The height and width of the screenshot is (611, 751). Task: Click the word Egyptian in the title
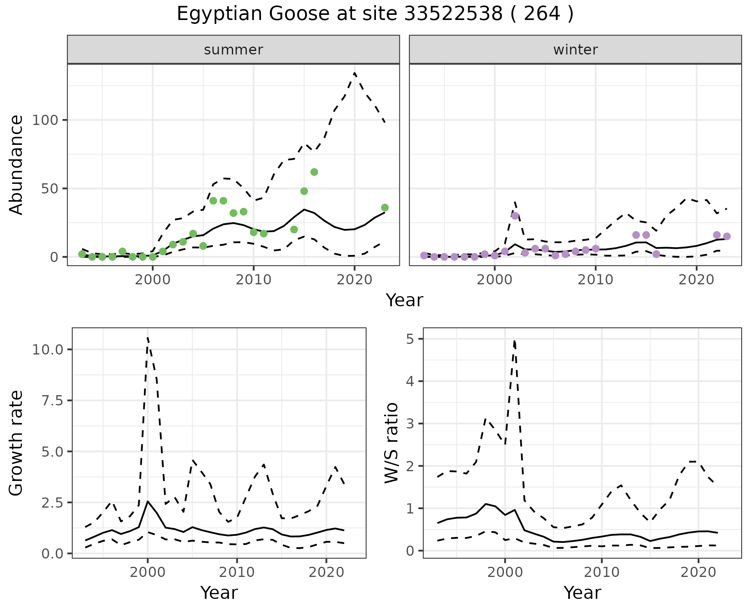click(220, 14)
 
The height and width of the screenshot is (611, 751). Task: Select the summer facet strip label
click(234, 50)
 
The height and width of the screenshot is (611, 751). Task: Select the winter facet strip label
click(575, 50)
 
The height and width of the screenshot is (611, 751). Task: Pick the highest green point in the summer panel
click(314, 172)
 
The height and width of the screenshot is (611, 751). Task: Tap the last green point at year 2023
click(385, 208)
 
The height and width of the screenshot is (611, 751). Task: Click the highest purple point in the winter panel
click(515, 216)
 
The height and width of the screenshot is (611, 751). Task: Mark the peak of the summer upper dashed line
click(354, 73)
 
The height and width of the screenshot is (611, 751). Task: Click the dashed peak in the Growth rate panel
click(147, 337)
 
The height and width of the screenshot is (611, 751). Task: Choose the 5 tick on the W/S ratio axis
click(409, 339)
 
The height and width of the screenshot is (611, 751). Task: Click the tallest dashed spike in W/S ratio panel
click(514, 341)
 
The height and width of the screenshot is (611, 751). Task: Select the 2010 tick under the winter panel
click(595, 280)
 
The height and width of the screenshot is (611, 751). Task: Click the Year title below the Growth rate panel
click(219, 593)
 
